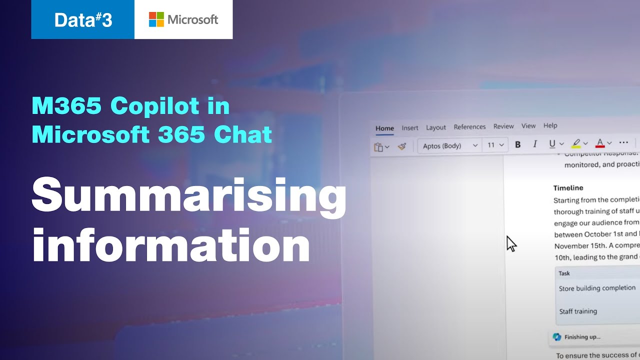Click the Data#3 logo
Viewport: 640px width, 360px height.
point(83,19)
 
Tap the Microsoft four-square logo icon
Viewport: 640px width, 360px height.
point(156,19)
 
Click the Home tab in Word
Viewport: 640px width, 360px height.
point(384,128)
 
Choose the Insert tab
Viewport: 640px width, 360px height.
point(410,128)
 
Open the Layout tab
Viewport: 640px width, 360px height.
point(436,127)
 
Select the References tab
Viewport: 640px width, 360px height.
point(469,127)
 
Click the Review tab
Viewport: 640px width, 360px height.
point(503,126)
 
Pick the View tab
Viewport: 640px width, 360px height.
point(528,126)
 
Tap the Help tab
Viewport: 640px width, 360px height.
point(550,126)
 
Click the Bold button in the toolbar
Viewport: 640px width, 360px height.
point(518,144)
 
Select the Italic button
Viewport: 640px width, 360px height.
point(535,144)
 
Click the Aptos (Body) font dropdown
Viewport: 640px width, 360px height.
point(449,145)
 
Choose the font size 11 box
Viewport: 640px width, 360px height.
point(495,145)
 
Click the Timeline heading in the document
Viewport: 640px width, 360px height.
point(568,188)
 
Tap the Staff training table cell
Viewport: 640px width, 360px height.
point(578,311)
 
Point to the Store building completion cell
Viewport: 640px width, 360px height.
point(597,288)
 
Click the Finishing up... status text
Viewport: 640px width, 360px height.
point(582,337)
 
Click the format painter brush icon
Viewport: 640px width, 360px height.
point(401,146)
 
